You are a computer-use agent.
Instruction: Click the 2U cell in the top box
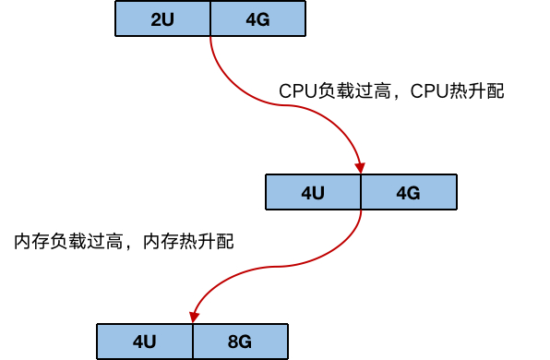pyautogui.click(x=162, y=19)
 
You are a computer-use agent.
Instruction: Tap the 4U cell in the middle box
pyautogui.click(x=313, y=192)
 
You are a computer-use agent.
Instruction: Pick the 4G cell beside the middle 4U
pyautogui.click(x=408, y=192)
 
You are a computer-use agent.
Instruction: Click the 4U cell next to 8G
pyautogui.click(x=145, y=341)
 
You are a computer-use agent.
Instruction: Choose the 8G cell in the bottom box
pyautogui.click(x=240, y=341)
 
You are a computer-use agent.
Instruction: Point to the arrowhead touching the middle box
pyautogui.click(x=360, y=166)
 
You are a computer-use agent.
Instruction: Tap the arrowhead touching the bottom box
pyautogui.click(x=194, y=316)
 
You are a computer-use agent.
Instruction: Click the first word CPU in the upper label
pyautogui.click(x=297, y=92)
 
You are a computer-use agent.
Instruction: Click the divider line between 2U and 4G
pyautogui.click(x=211, y=19)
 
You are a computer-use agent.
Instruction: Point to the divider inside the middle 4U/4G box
pyautogui.click(x=361, y=192)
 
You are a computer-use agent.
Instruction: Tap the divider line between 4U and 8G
pyautogui.click(x=193, y=341)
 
